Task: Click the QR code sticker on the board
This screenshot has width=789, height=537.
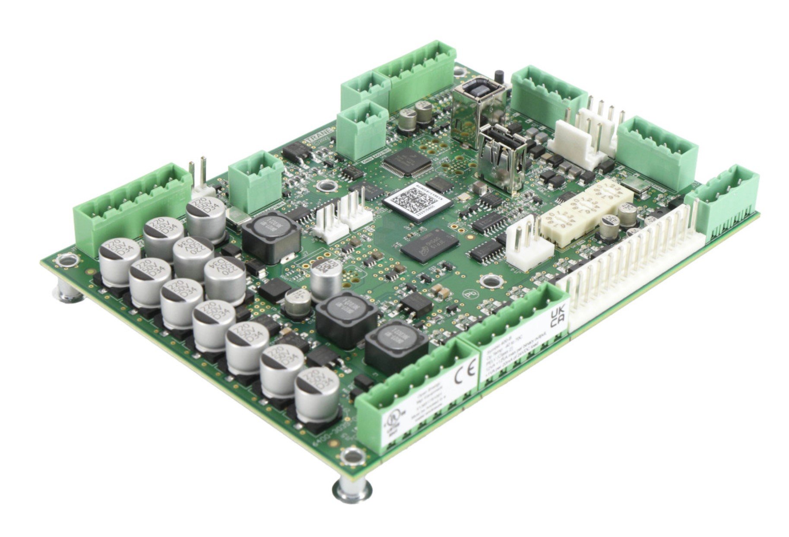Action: click(417, 201)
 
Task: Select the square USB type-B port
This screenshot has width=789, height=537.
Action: click(478, 100)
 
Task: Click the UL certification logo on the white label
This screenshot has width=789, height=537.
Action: click(396, 422)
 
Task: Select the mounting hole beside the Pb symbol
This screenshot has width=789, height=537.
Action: click(489, 281)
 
